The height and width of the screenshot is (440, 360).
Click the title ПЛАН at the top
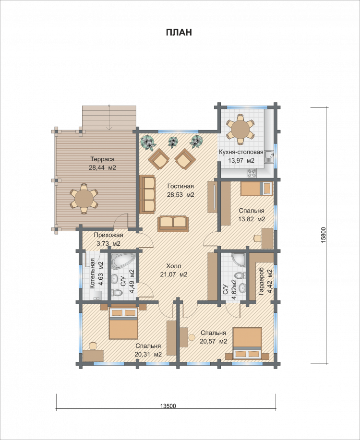pyautogui.click(x=179, y=32)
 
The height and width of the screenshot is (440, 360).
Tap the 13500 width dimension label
pyautogui.click(x=168, y=406)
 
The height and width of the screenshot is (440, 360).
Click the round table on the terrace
pyautogui.click(x=84, y=199)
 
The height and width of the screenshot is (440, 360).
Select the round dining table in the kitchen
pyautogui.click(x=240, y=130)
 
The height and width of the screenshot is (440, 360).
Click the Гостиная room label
pyautogui.click(x=180, y=186)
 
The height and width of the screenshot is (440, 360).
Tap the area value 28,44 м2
pyautogui.click(x=102, y=168)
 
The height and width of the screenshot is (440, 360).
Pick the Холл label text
pyautogui.click(x=174, y=266)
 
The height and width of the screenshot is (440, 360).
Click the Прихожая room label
pyautogui.click(x=108, y=235)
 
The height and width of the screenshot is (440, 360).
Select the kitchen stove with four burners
pyautogui.click(x=252, y=173)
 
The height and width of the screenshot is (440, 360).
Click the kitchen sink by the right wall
pyautogui.click(x=269, y=156)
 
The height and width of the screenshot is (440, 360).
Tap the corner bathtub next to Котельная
pyautogui.click(x=122, y=261)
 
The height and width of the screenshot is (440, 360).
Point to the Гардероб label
pyautogui.click(x=261, y=281)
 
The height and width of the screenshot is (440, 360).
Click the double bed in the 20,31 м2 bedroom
pyautogui.click(x=123, y=323)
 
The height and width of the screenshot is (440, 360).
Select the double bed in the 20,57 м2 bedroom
pyautogui.click(x=247, y=343)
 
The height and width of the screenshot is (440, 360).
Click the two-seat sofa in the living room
pyautogui.click(x=173, y=224)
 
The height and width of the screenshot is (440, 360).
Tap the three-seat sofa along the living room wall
pyautogui.click(x=147, y=194)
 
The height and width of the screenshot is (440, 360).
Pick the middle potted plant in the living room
pyautogui.click(x=173, y=142)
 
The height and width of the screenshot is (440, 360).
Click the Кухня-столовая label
pyautogui.click(x=241, y=153)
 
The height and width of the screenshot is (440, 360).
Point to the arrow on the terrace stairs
pyautogui.click(x=109, y=117)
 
